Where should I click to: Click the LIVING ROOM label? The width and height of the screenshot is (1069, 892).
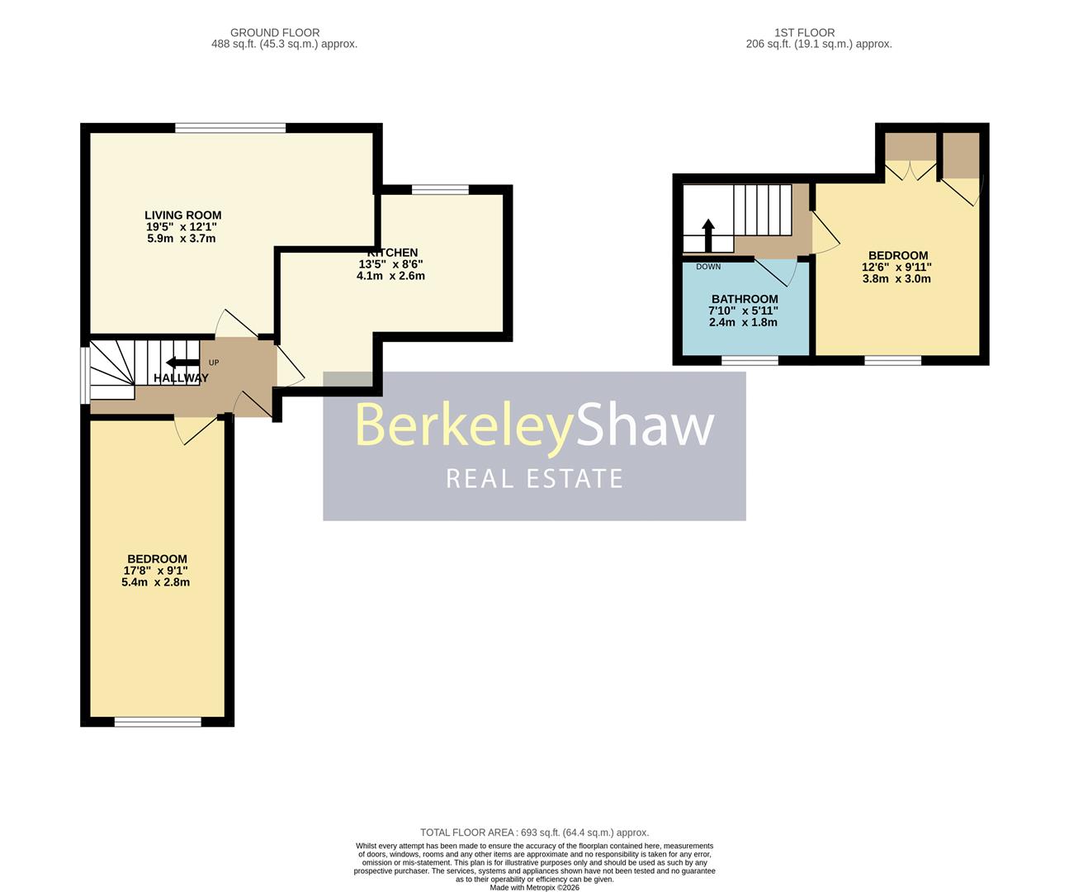(x=182, y=215)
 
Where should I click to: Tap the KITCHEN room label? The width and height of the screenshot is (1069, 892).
(x=393, y=253)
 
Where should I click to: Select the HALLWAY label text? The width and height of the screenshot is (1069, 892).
(x=181, y=378)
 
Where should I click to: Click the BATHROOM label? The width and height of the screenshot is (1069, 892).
(x=744, y=299)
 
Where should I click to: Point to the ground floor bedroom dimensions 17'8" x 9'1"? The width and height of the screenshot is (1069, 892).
(x=156, y=570)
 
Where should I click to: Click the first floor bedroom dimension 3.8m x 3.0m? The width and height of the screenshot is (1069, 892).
(x=896, y=278)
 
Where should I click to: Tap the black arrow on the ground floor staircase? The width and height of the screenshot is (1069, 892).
(x=182, y=363)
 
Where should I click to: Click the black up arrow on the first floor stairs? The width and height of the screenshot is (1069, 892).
(x=707, y=235)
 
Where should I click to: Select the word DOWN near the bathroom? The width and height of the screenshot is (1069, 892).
(x=708, y=267)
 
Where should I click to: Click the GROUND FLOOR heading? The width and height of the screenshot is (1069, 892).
(x=275, y=33)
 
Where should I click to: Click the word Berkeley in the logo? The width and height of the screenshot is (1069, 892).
(x=464, y=426)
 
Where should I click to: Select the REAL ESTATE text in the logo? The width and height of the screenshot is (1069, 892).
(x=534, y=479)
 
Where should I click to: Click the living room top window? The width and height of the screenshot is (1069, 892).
(x=230, y=127)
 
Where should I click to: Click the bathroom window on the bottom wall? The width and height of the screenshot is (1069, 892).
(x=750, y=360)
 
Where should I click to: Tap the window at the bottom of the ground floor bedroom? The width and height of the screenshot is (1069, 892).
(x=158, y=722)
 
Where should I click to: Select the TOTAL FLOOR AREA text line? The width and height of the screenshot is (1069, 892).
(x=534, y=833)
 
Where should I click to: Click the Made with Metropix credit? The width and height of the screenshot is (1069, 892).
(x=534, y=888)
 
